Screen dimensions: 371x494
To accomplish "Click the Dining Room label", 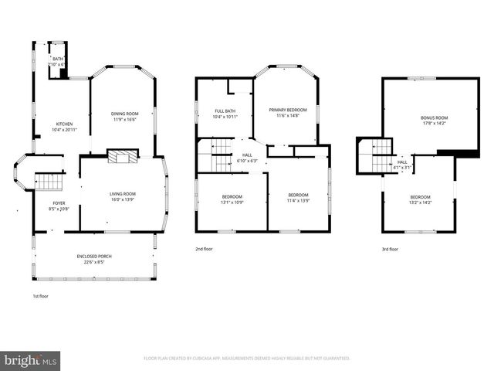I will (125, 114).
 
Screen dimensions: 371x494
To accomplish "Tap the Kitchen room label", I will (64, 124).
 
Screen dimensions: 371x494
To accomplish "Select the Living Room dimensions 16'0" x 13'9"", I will (122, 199).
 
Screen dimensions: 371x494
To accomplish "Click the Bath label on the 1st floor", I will (58, 59).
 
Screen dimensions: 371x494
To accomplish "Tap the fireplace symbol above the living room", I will (121, 156).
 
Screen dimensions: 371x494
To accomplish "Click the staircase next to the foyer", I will (49, 182).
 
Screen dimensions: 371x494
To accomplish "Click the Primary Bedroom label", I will (286, 110).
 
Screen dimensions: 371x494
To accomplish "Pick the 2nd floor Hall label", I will (247, 155).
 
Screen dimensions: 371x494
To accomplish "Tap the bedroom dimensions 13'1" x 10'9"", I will (232, 202).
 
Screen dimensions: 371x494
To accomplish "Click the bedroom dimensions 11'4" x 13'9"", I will (298, 200).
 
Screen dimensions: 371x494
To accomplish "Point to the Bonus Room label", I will (434, 117).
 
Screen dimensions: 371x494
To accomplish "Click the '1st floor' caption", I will (40, 296).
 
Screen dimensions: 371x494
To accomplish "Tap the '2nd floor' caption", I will (204, 249).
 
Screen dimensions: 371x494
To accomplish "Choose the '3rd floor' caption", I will (390, 249).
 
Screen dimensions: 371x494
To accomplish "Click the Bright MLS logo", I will (31, 360).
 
